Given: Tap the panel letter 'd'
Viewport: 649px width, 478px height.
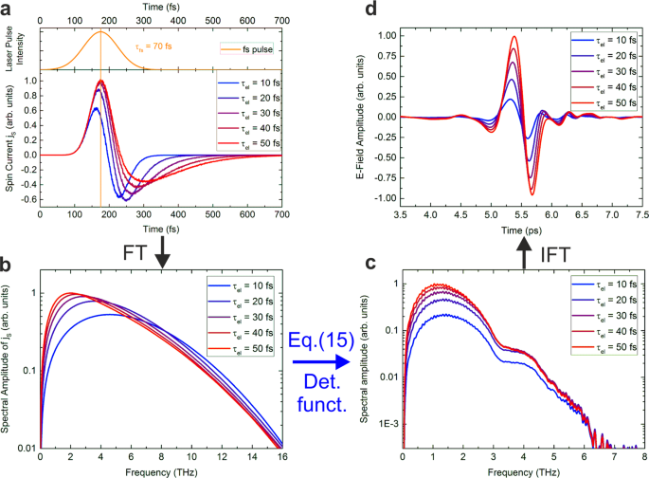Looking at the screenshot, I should [344, 9].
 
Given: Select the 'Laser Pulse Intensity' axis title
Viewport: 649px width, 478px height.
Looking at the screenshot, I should [11, 49].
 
